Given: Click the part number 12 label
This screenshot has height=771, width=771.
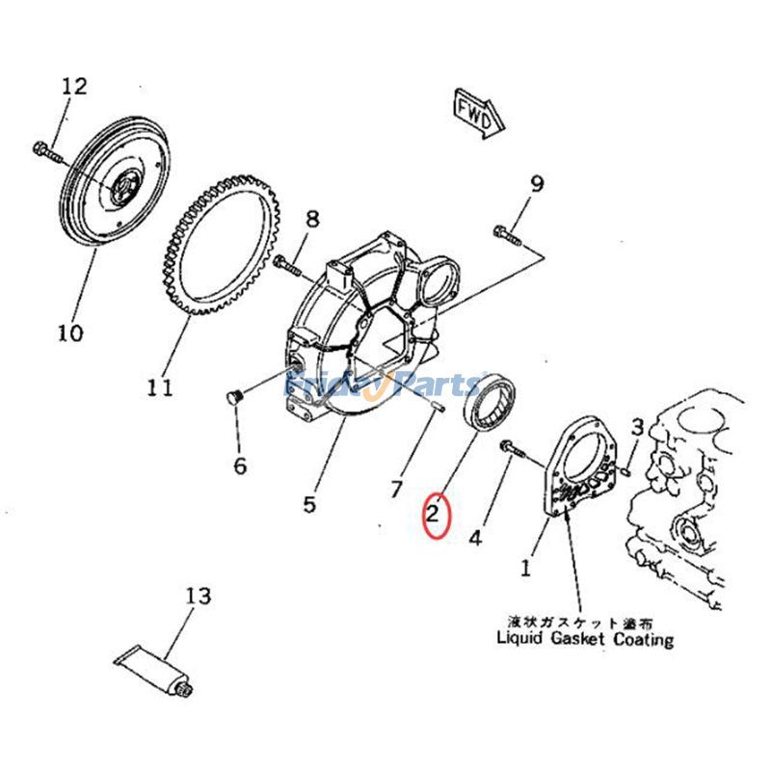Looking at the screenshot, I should [74, 87].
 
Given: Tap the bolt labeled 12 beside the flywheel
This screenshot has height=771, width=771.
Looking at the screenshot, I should [47, 150].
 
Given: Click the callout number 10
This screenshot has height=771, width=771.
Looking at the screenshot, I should [68, 333].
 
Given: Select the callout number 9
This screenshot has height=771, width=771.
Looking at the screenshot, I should [537, 183].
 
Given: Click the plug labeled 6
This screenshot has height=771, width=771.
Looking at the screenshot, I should [231, 397].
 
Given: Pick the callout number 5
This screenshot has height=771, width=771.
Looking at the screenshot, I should [309, 503].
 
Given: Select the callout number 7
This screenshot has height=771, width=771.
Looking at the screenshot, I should [395, 490].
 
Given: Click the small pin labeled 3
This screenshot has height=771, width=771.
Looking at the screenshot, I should [626, 470].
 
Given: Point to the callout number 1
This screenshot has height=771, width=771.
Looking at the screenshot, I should [525, 568].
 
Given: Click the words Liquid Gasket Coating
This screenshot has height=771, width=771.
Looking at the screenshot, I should [584, 638].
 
